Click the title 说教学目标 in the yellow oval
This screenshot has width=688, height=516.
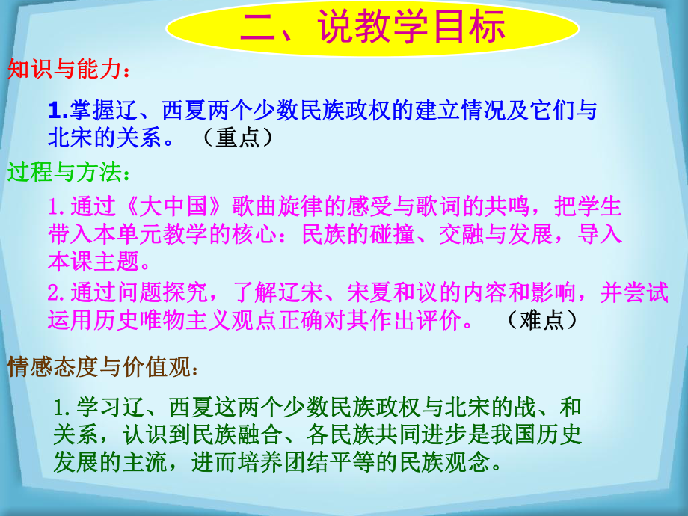[372, 28]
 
